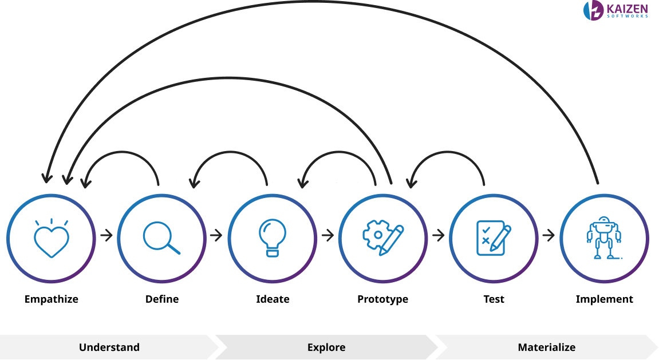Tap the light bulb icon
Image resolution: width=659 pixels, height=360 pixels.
[x=272, y=236]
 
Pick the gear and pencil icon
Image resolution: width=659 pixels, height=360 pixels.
[x=382, y=236]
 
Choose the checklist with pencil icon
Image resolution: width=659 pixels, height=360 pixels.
[x=493, y=236]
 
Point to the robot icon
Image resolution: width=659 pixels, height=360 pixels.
[x=603, y=238]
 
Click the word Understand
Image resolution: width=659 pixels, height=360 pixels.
[x=109, y=347]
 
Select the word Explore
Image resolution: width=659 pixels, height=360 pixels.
[x=326, y=347]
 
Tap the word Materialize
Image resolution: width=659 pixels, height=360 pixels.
[x=546, y=347]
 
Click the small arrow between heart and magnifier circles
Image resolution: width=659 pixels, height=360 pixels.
[x=106, y=235]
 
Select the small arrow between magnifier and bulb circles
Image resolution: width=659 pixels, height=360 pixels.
[x=216, y=235]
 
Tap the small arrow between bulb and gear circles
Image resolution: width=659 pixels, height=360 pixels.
[x=327, y=235]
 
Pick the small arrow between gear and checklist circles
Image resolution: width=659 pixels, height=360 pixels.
[x=438, y=235]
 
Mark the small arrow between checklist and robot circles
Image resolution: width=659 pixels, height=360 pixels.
[x=548, y=235]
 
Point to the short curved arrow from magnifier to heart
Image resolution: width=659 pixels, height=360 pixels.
[x=120, y=153]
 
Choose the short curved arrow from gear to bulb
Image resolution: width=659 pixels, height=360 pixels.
[x=338, y=153]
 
